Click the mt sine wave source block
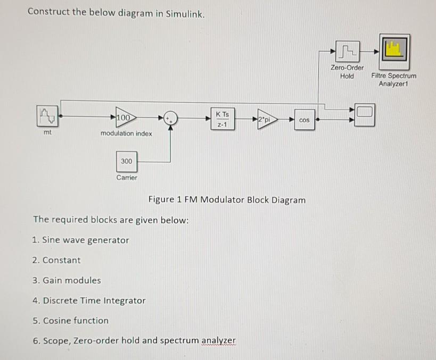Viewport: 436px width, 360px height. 48,115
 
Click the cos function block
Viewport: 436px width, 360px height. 304,120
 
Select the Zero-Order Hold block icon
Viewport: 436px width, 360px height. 347,52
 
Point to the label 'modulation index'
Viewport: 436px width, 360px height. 126,133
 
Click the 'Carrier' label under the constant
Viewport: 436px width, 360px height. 127,178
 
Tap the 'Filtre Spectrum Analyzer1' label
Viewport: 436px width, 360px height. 398,80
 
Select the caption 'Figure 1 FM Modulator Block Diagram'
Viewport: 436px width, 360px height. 227,200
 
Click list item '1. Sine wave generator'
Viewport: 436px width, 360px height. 80,240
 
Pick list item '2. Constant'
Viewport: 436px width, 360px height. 56,260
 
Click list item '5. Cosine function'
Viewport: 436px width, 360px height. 70,320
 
